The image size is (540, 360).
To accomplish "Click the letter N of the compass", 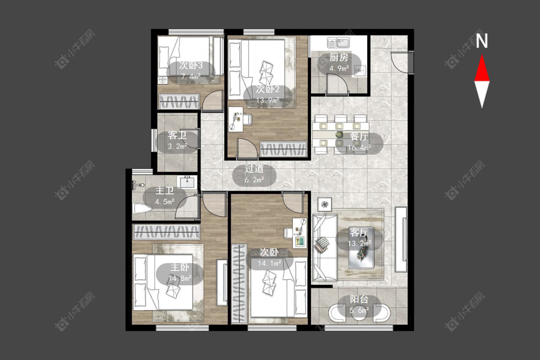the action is (x=482, y=41).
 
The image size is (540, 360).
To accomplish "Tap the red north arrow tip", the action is (x=482, y=55).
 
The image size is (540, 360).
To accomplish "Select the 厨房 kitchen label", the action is (x=338, y=58).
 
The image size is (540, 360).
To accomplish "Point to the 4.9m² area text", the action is (x=339, y=68).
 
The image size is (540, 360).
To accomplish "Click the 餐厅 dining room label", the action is (x=359, y=136).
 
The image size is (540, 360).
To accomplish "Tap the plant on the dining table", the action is (x=339, y=135).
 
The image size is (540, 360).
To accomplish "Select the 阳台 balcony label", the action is (x=359, y=300).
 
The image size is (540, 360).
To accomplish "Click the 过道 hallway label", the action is (x=254, y=169).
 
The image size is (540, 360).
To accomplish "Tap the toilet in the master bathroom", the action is (x=142, y=209).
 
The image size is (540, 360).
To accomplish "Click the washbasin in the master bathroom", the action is (x=187, y=182).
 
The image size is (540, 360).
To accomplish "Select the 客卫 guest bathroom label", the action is (x=177, y=135).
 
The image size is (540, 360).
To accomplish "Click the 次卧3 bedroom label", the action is (x=191, y=65).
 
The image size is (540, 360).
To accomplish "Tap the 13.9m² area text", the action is (x=267, y=101).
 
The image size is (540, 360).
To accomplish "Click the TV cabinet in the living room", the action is (x=401, y=239).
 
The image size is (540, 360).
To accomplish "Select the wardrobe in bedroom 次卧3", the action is (x=179, y=102).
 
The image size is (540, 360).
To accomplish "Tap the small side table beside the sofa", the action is (x=325, y=204).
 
